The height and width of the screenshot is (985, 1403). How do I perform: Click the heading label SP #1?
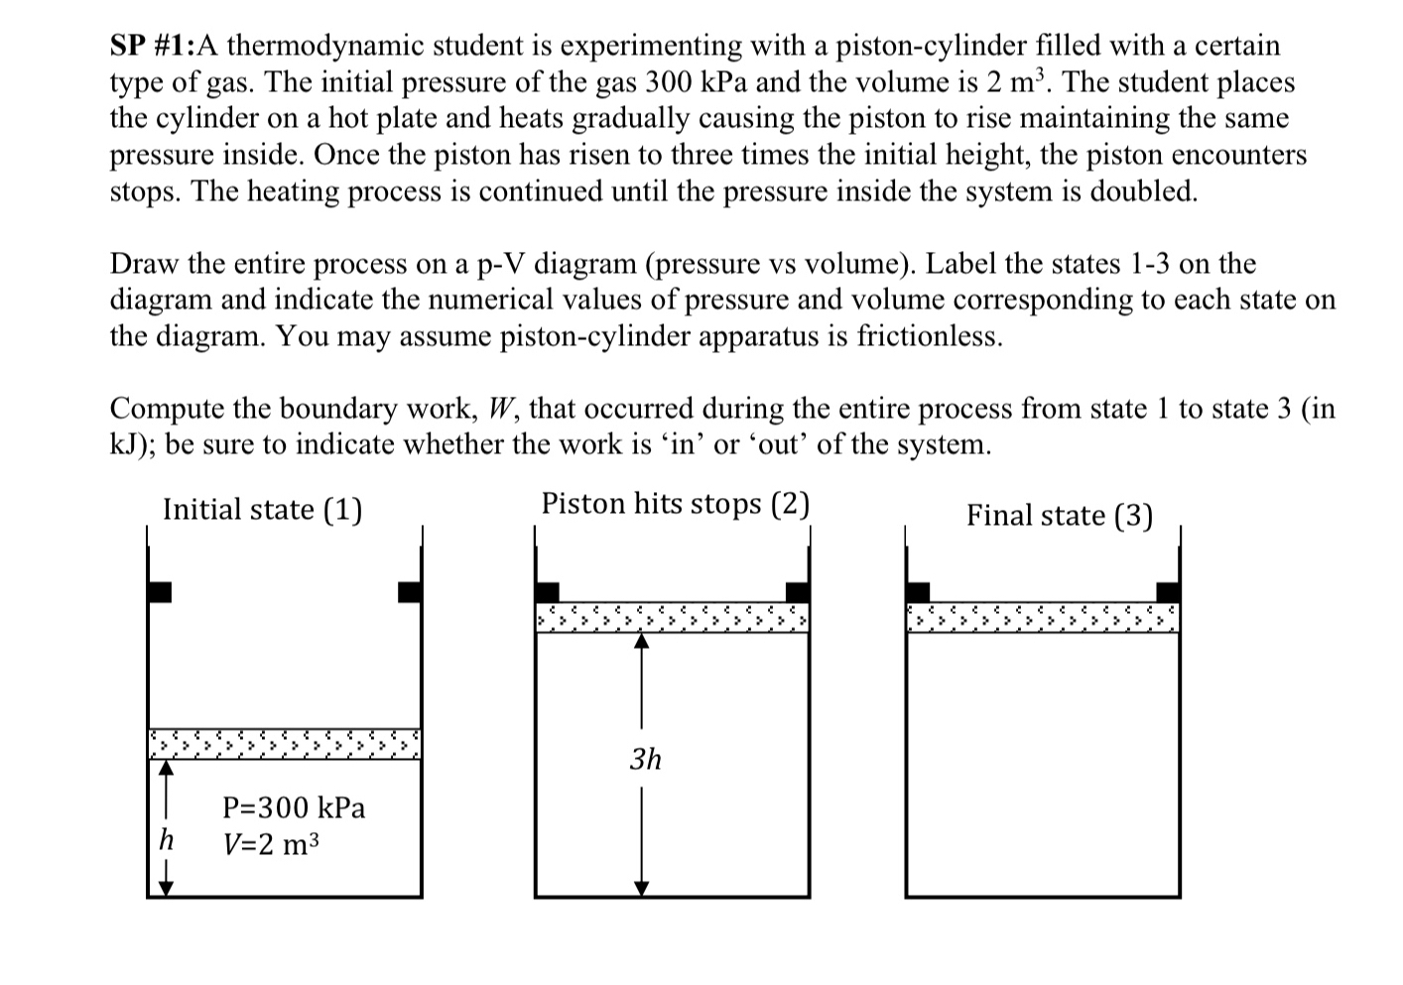pos(152,46)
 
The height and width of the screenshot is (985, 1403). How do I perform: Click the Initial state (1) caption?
pos(262,510)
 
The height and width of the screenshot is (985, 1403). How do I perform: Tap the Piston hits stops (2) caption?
pos(675,504)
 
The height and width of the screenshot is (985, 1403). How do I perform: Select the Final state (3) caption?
pos(1059,516)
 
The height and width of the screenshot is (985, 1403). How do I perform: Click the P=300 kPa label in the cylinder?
pos(294,807)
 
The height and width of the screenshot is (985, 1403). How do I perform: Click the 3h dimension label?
pos(645,760)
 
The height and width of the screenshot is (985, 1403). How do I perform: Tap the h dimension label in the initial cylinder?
pos(167,841)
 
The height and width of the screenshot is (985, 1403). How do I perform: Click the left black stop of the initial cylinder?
pos(159,592)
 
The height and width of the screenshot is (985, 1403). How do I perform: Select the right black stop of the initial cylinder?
pos(410,592)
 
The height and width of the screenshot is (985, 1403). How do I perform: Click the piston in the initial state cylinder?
pos(285,743)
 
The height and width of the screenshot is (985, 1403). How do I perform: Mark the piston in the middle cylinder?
pos(672,618)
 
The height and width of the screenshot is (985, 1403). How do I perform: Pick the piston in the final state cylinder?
pos(1043,618)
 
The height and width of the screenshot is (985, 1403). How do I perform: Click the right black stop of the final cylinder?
pos(1168,592)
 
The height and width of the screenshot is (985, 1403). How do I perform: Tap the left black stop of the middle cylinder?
pos(547,592)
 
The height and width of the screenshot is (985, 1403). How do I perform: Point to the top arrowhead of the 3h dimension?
pos(642,642)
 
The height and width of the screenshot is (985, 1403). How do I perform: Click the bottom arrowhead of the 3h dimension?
pos(642,888)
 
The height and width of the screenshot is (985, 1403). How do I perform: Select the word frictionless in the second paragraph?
pos(934,336)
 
